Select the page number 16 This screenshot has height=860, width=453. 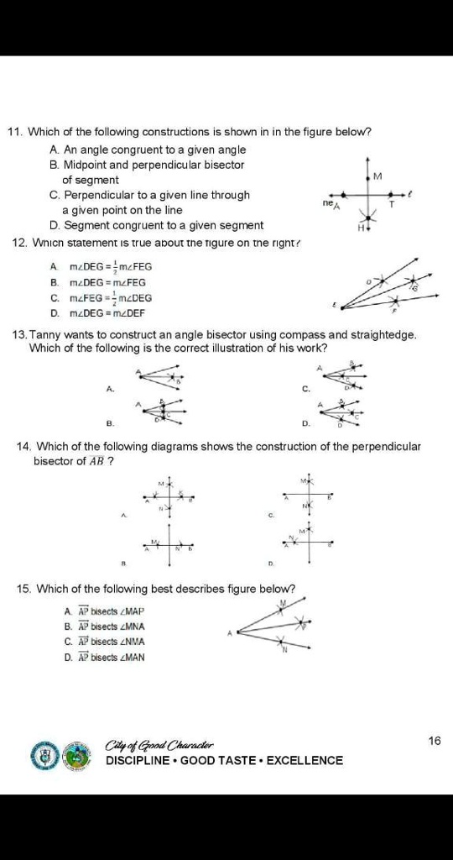click(x=433, y=740)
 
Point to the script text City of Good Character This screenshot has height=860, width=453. click(x=159, y=744)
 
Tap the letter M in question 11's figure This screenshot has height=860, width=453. click(x=377, y=176)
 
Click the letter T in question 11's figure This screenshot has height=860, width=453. click(x=391, y=204)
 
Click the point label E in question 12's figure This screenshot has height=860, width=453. click(x=310, y=305)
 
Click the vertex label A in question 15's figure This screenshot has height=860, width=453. click(x=228, y=632)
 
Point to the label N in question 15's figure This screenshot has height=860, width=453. click(x=284, y=649)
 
